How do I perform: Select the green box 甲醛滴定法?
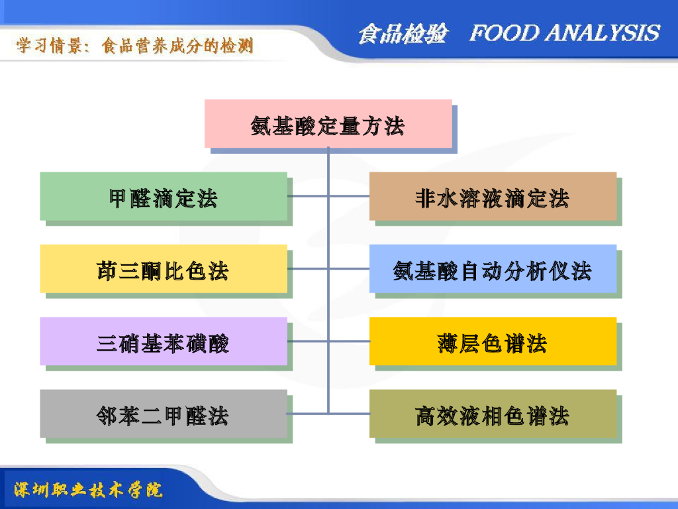click(x=164, y=197)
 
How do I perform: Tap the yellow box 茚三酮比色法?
click(x=164, y=269)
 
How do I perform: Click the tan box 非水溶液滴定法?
click(x=493, y=197)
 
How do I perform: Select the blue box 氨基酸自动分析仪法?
click(x=493, y=269)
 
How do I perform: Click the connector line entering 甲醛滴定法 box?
click(x=308, y=196)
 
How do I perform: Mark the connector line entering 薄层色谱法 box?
click(x=349, y=341)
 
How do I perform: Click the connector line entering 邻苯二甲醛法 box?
click(x=308, y=414)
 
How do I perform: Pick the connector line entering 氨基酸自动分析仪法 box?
click(x=349, y=269)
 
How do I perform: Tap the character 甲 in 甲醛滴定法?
click(x=119, y=198)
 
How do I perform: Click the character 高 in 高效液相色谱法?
click(x=425, y=416)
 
